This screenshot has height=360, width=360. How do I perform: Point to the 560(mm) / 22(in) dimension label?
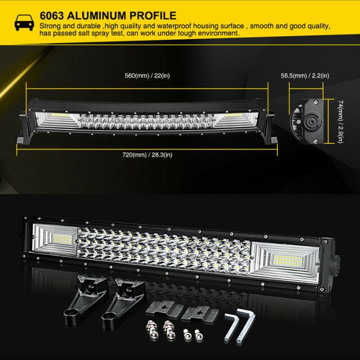pos(147,76)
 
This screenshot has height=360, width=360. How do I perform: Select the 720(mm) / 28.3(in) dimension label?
pos(147,155)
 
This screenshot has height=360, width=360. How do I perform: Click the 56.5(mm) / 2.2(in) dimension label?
pos(305,76)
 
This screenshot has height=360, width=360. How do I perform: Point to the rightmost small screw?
pos(199,334)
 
